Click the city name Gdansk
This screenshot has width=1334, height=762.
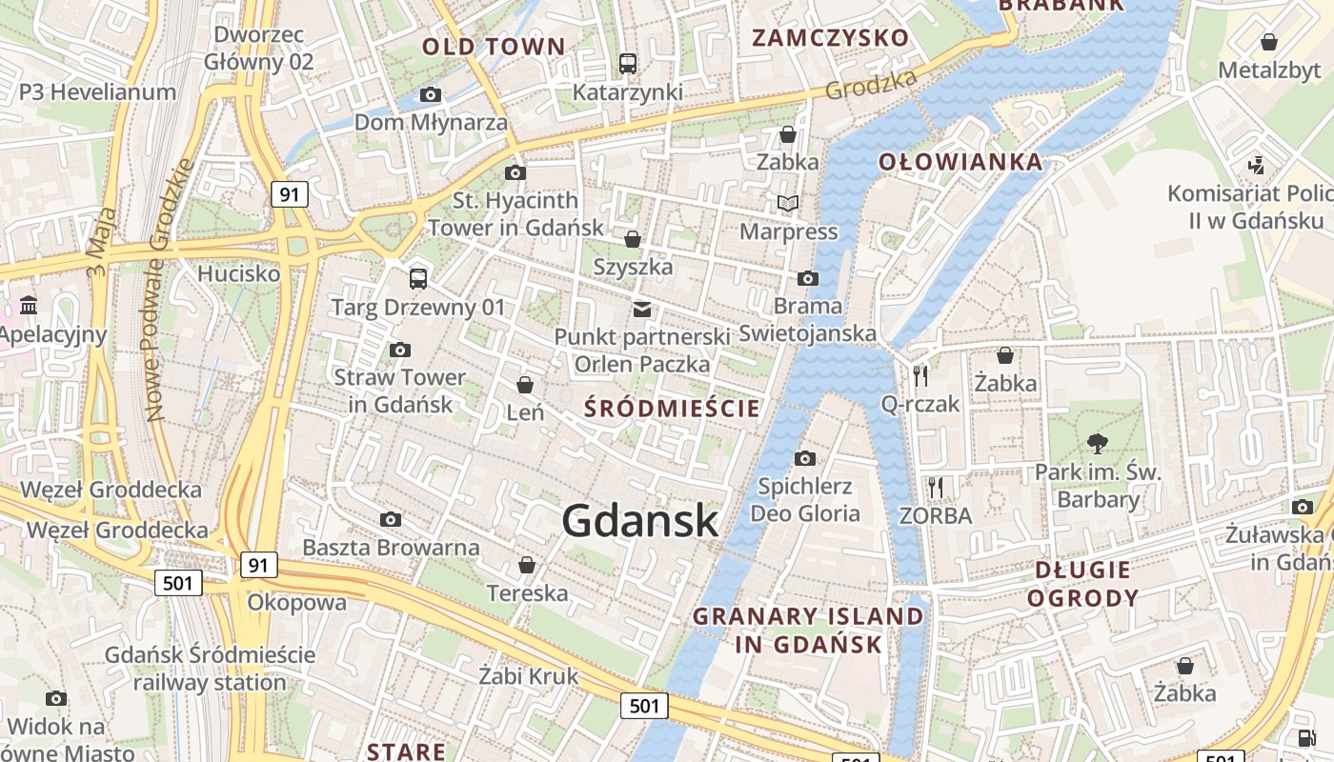tap(639, 520)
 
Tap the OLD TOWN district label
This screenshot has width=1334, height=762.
tap(494, 47)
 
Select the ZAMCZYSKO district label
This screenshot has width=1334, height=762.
tap(830, 38)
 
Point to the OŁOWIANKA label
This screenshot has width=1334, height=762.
tap(960, 162)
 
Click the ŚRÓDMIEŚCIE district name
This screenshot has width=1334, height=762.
tap(673, 410)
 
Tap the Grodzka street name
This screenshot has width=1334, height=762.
tap(871, 84)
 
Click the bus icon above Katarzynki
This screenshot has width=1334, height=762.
tap(627, 64)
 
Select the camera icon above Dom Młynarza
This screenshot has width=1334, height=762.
tap(431, 94)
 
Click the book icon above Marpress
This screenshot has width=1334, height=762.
tap(788, 203)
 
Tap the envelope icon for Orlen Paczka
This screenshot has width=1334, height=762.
tap(642, 309)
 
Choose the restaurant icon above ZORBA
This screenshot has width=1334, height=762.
tap(936, 488)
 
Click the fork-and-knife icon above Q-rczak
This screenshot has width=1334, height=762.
tap(920, 375)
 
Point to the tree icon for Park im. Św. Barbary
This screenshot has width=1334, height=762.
tap(1098, 443)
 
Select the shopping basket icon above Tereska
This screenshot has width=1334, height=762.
tap(527, 566)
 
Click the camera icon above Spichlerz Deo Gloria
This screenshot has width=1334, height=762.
tap(805, 458)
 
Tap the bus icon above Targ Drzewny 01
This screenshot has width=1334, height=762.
tap(417, 278)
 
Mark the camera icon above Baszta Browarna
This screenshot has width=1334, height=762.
tap(390, 519)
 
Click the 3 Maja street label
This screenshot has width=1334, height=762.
tap(102, 242)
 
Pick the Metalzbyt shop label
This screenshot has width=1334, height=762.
tap(1267, 70)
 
